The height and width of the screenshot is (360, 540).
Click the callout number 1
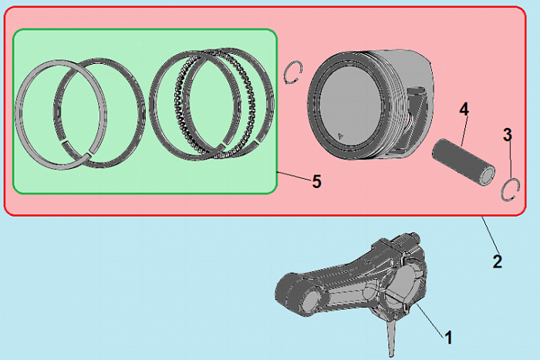pos(448,338)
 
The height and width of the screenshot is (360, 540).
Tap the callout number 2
pos(498,262)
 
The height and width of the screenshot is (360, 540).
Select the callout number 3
pos(508,135)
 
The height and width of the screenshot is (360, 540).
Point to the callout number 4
pos(464,109)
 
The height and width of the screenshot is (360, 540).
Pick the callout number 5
pos(317,181)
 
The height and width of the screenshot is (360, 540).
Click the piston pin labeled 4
pos(464,162)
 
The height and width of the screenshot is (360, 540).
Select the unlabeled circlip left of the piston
pos(293,72)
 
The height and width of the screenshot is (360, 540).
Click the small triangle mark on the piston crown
pos(340,135)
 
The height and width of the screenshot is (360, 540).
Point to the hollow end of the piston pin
pos(488,176)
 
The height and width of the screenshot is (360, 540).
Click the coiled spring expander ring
pos(215,104)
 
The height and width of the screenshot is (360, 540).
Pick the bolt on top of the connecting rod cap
pos(410,239)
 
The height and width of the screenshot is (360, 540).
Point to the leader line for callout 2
pos(490,234)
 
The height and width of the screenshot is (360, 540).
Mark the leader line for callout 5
pos(294,176)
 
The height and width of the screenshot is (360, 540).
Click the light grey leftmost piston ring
pos(61,115)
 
